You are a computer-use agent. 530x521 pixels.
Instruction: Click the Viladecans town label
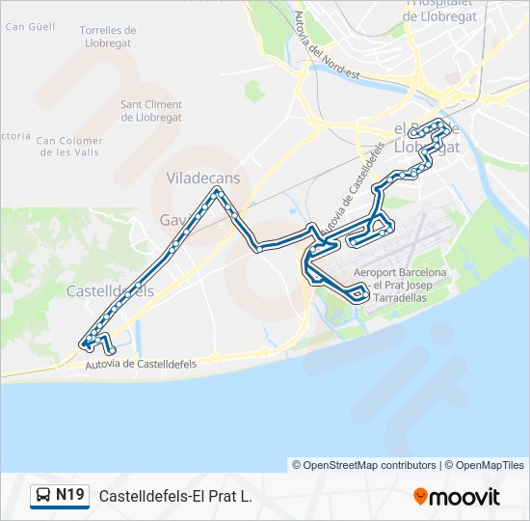[x=202, y=178]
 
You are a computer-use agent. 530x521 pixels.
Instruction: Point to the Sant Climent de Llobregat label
[x=151, y=111]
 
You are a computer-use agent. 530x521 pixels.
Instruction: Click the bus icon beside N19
[x=43, y=496]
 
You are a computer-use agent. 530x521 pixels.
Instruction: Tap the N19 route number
[x=70, y=496]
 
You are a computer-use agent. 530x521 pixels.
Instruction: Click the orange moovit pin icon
[x=420, y=497]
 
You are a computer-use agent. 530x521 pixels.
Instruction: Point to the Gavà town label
[x=173, y=220]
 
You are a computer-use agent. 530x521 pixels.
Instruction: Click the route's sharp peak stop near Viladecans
[x=219, y=191]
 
